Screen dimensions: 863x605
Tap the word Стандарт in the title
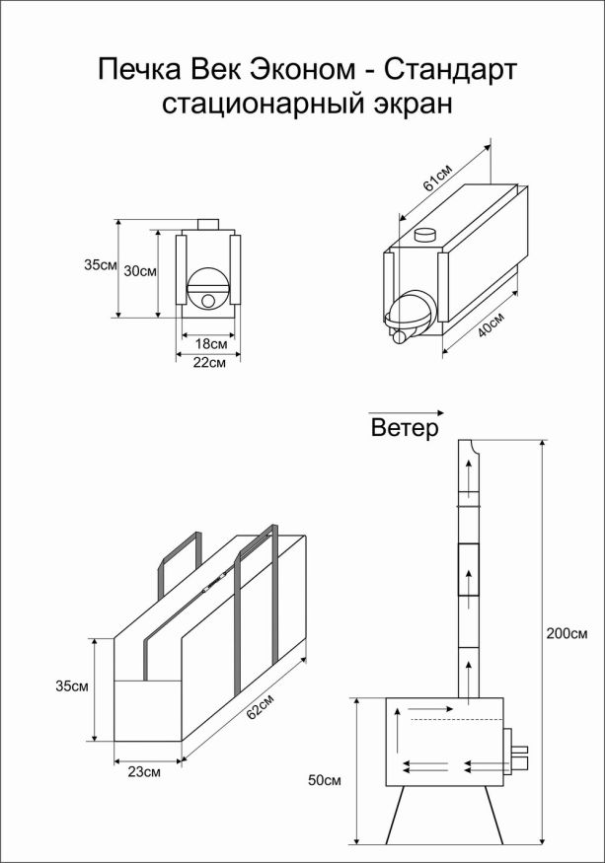[x=448, y=70]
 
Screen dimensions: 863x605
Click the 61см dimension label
[x=437, y=178]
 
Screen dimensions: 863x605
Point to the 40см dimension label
[x=491, y=325]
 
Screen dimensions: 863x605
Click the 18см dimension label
[x=208, y=344]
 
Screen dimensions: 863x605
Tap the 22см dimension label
[x=208, y=363]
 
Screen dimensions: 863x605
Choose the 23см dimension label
[x=145, y=773]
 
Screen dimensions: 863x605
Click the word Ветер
[x=405, y=429]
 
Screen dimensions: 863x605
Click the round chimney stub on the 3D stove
[x=426, y=235]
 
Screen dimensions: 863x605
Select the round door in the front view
[x=207, y=288]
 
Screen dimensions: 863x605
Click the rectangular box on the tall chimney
[x=467, y=569]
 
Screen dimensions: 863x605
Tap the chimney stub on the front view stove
[x=208, y=225]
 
